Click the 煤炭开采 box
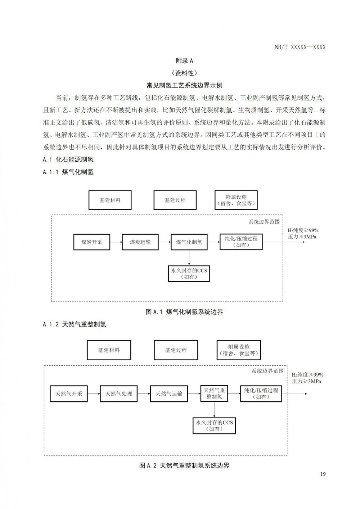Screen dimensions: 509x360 click(92, 242)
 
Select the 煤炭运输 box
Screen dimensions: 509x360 click(140, 242)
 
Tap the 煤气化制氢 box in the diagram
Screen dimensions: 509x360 click(189, 242)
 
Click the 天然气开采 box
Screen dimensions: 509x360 click(69, 393)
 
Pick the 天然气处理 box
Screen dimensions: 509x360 click(118, 393)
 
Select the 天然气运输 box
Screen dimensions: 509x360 click(169, 393)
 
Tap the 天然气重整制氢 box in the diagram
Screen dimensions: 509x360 click(214, 393)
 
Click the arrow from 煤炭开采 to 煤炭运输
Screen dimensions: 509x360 click(116, 242)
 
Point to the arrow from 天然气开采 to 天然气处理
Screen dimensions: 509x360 click(94, 393)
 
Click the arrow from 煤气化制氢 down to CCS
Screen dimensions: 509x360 click(189, 258)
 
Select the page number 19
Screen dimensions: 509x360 click(323, 474)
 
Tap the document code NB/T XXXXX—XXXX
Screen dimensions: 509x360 click(300, 47)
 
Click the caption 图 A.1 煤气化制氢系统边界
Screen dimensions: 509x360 click(184, 312)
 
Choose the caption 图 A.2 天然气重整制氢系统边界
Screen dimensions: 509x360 click(184, 465)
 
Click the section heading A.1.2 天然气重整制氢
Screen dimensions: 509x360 click(75, 324)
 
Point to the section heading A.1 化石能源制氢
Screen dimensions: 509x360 click(68, 159)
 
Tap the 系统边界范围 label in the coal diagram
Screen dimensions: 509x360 click(264, 222)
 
